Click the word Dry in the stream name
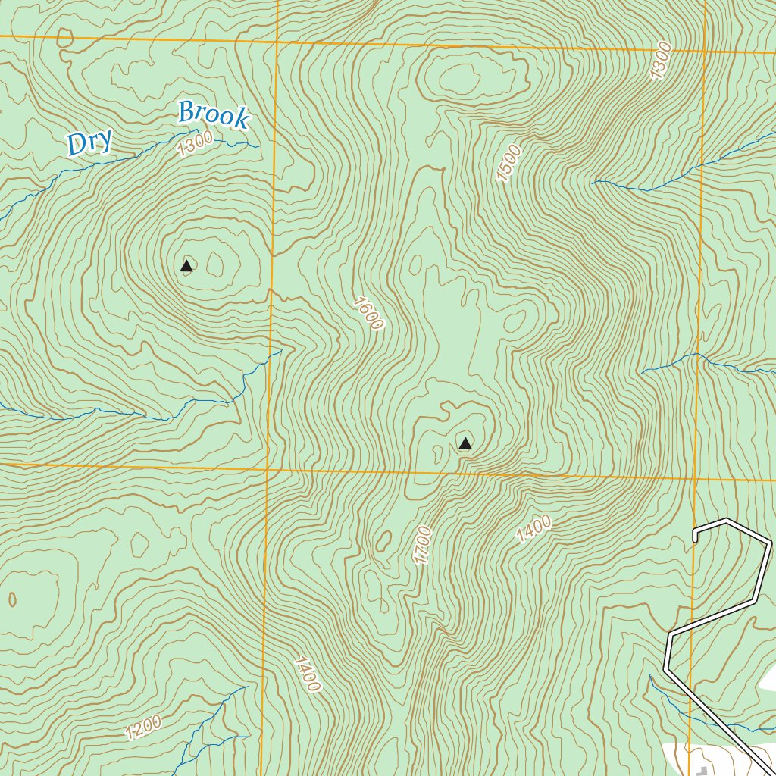89,142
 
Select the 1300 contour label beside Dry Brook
195,143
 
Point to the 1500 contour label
509,163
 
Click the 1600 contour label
368,312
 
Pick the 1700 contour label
422,545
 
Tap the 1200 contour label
143,727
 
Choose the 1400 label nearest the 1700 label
534,530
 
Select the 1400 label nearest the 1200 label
307,674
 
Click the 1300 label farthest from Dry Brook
661,61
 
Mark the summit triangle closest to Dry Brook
186,265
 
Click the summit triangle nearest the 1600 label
465,443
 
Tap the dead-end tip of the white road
694,540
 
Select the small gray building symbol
702,771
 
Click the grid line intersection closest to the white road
695,478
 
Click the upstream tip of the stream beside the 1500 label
593,182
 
